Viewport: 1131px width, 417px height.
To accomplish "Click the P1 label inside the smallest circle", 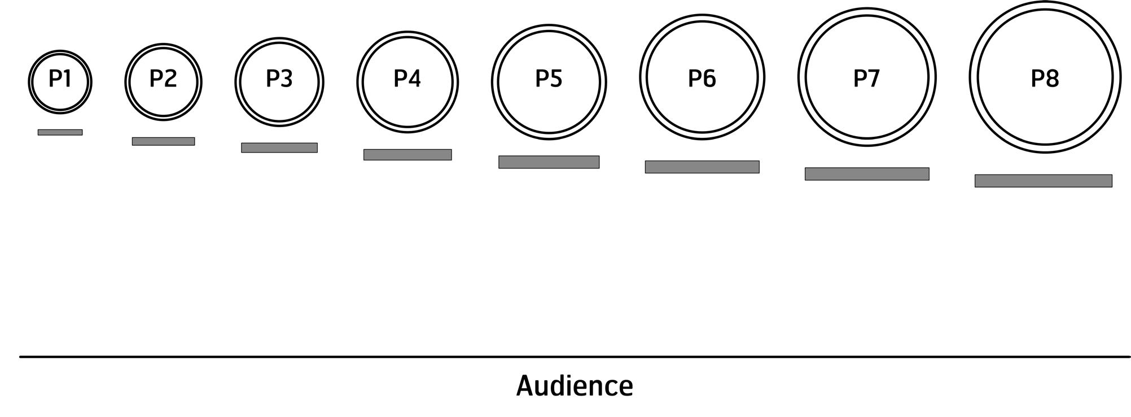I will pyautogui.click(x=60, y=79).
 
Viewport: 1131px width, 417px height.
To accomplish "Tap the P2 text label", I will pyautogui.click(x=163, y=79).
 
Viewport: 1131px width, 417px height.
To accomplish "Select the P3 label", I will pyautogui.click(x=279, y=79).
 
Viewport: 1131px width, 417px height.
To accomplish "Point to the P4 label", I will pyautogui.click(x=407, y=79).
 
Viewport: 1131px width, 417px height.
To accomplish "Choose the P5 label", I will pyautogui.click(x=549, y=79).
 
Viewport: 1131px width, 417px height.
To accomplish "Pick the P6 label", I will pyautogui.click(x=702, y=79).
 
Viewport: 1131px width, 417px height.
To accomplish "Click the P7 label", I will pyautogui.click(x=866, y=79).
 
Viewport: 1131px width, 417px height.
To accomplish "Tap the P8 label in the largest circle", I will pyautogui.click(x=1045, y=79).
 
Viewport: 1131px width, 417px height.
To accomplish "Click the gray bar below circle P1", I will pyautogui.click(x=60, y=132).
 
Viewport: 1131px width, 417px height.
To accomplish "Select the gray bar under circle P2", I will pyautogui.click(x=163, y=141).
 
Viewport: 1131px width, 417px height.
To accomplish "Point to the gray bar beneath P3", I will pyautogui.click(x=279, y=147).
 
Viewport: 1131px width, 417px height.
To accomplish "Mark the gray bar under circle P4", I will pyautogui.click(x=407, y=154).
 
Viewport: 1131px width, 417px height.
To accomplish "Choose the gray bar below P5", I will pyautogui.click(x=549, y=162).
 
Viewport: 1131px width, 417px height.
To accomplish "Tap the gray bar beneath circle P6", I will pyautogui.click(x=702, y=167).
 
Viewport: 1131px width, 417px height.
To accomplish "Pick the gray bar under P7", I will pyautogui.click(x=867, y=173).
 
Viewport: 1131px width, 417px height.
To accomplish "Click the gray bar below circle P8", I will pyautogui.click(x=1043, y=181).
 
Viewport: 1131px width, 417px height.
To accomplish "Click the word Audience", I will pyautogui.click(x=575, y=386).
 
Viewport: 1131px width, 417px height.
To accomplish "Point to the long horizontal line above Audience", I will pyautogui.click(x=575, y=357).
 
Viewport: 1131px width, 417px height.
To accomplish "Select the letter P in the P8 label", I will pyautogui.click(x=1037, y=79).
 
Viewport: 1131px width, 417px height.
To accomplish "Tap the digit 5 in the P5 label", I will pyautogui.click(x=556, y=79).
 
